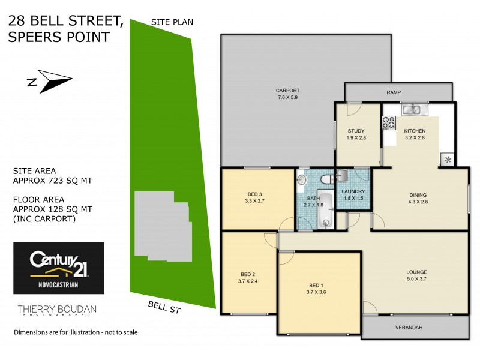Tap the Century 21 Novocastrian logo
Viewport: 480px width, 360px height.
click(59, 268)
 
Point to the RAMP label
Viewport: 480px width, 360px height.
click(393, 92)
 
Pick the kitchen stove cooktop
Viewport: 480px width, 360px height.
click(389, 122)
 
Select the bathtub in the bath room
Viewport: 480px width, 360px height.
click(325, 209)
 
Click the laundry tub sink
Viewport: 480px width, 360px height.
click(341, 175)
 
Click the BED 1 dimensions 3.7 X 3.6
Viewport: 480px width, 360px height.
click(316, 292)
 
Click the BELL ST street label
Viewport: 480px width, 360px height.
click(164, 308)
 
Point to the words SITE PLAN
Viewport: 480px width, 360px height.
click(172, 22)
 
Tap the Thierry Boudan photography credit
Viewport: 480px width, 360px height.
click(56, 310)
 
